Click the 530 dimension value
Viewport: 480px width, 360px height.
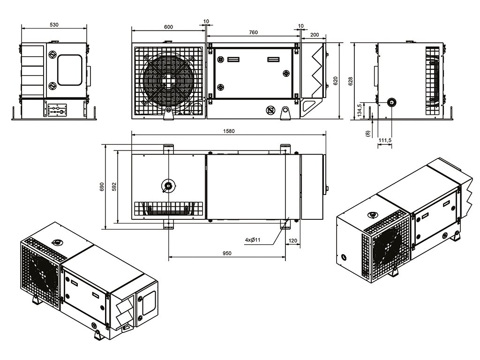coord(54,25)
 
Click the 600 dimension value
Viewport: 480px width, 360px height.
coord(168,27)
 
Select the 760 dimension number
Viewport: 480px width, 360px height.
coord(253,32)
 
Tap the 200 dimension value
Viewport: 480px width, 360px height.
coord(315,35)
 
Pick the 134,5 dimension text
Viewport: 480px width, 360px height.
coord(360,111)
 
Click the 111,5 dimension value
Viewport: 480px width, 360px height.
coord(385,140)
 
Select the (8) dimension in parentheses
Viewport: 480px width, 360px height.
coord(367,134)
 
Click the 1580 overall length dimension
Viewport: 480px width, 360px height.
coord(229,131)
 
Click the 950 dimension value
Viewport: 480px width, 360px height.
coord(226,253)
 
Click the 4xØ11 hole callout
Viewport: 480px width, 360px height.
coord(253,240)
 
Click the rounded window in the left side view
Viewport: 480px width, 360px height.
coord(69,70)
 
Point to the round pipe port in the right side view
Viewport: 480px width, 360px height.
coord(390,102)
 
